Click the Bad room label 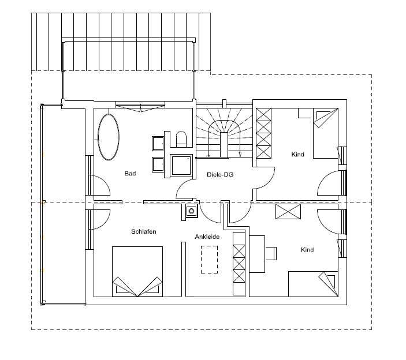tap(130, 173)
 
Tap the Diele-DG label tap(220, 175)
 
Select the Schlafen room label tap(144, 231)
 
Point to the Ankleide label tap(207, 237)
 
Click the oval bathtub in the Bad tap(109, 137)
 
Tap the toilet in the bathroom tap(181, 139)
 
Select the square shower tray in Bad tap(181, 165)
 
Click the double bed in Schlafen tap(137, 272)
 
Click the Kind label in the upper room tap(297, 155)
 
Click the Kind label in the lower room tap(307, 250)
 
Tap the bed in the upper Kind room tap(326, 133)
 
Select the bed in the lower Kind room tap(313, 284)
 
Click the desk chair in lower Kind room tap(271, 253)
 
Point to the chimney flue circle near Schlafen tap(192, 211)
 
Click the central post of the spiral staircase tap(224, 144)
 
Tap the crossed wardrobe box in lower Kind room tap(288, 212)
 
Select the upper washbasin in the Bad tap(158, 143)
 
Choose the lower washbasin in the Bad tap(158, 164)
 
